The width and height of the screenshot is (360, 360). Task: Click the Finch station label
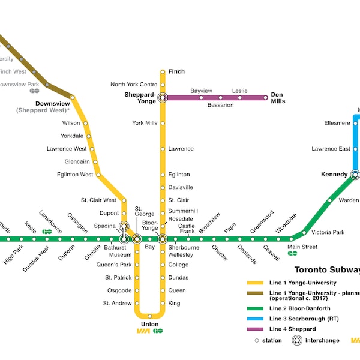tap(176, 71)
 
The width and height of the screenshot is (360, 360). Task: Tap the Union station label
tap(149, 324)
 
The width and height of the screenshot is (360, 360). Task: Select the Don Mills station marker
tap(265, 97)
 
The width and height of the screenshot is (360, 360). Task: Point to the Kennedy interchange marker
tap(355, 175)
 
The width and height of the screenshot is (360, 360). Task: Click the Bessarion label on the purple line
tap(220, 105)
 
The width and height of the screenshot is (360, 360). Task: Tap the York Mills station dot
tap(162, 123)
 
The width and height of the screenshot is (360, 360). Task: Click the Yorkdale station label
tap(72, 136)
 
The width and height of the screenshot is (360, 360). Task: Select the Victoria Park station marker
tap(304, 232)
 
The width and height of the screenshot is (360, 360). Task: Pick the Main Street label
tap(302, 247)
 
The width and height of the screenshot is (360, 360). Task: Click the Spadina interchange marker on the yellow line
tap(124, 226)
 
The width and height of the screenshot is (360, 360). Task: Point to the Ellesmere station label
tap(337, 123)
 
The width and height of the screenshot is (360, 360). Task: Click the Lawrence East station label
tap(331, 149)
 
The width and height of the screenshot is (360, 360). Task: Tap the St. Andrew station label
tap(117, 303)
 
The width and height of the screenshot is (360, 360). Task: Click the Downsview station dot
tap(73, 97)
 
